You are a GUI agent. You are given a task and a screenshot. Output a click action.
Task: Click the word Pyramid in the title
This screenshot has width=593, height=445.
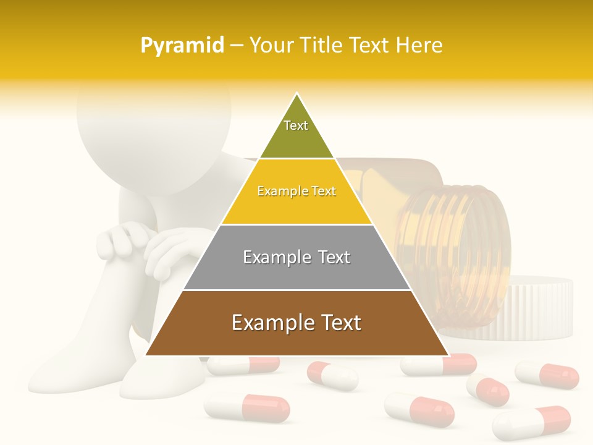(x=182, y=46)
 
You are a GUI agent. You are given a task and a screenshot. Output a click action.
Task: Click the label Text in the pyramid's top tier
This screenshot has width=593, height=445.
(x=296, y=125)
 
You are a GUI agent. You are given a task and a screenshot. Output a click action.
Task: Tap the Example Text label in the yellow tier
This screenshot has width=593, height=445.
(x=296, y=191)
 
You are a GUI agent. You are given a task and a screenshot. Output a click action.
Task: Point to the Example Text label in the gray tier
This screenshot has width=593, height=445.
(x=296, y=257)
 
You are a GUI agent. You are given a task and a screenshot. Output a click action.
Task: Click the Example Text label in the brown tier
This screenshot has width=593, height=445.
(x=296, y=323)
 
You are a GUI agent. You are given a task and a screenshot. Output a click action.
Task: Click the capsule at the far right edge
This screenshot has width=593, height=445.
(x=547, y=375)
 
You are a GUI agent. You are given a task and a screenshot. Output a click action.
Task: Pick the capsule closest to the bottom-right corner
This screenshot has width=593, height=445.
(x=531, y=422)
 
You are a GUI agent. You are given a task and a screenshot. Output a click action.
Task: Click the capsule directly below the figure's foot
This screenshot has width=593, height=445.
(x=247, y=408)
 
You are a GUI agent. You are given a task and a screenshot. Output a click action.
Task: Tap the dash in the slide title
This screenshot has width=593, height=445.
(x=237, y=46)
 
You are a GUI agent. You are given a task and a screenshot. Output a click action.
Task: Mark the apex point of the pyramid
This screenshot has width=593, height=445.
(x=296, y=94)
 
